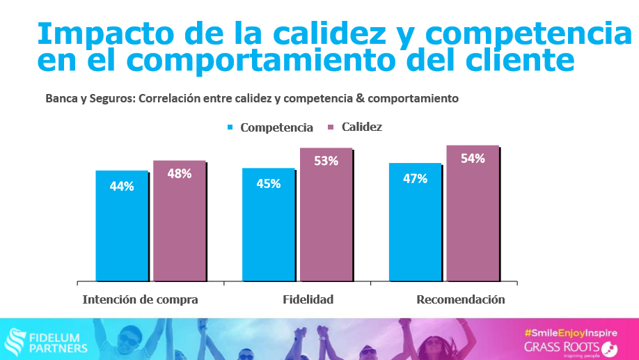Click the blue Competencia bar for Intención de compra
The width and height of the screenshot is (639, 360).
click(x=122, y=226)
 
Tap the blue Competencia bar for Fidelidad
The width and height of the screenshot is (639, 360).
click(x=269, y=226)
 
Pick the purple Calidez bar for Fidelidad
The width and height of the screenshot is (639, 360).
click(x=326, y=216)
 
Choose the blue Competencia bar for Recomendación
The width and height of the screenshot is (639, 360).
click(x=415, y=223)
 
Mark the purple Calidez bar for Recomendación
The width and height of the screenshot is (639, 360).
click(x=473, y=214)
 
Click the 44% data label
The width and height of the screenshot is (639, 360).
click(x=122, y=186)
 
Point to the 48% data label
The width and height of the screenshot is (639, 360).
click(x=180, y=173)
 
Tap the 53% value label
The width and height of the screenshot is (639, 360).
click(x=326, y=161)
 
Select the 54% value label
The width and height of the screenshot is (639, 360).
click(x=473, y=158)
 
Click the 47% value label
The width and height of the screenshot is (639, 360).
click(x=415, y=178)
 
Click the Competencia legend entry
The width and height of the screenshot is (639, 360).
click(x=276, y=127)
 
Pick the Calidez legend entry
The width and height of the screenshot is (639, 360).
click(x=361, y=127)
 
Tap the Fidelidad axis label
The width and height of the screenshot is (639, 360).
click(x=308, y=299)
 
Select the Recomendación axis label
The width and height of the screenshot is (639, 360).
click(x=460, y=299)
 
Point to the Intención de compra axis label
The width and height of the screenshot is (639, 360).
click(x=141, y=299)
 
